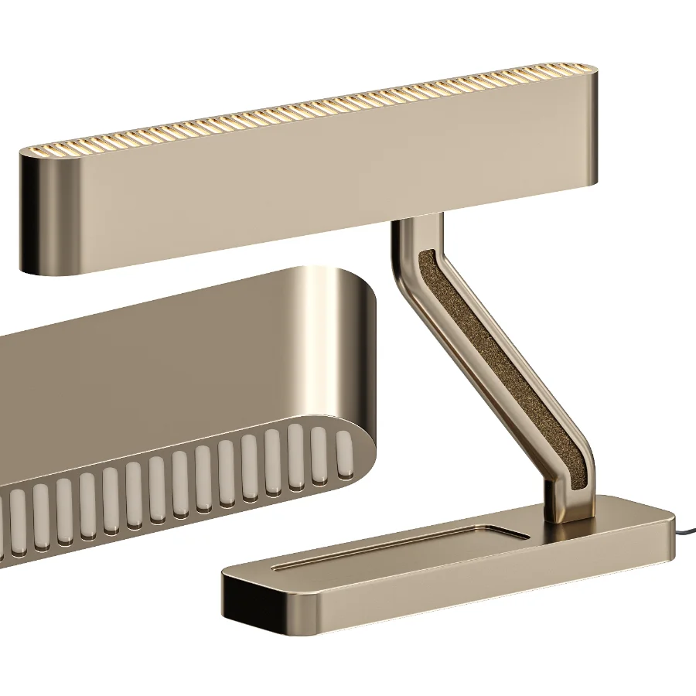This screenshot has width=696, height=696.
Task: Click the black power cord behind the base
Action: pos(685,533)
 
